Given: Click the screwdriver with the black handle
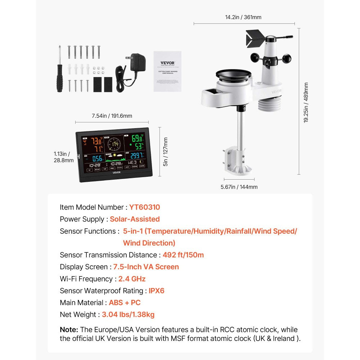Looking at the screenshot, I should [60, 74].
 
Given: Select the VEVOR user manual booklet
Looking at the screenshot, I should [167, 71].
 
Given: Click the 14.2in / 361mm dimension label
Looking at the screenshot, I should [243, 17].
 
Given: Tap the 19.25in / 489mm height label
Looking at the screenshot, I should [306, 103].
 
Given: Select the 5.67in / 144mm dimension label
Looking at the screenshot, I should [239, 187].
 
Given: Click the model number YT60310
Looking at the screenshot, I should [144, 207].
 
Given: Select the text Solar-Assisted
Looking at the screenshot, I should [135, 219].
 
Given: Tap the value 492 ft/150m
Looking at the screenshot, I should [183, 255].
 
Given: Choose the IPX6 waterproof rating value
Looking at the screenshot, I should [157, 291].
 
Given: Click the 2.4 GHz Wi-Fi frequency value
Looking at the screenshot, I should [132, 279].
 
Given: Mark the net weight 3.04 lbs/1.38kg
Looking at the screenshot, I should [128, 314].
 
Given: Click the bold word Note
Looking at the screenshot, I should [69, 330].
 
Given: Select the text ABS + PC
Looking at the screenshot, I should [125, 302].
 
